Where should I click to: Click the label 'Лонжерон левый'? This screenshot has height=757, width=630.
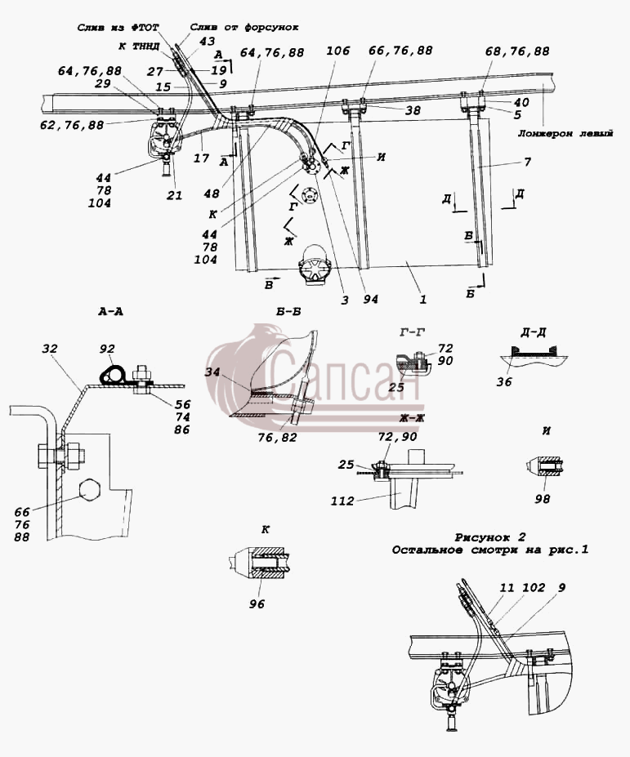[565, 133]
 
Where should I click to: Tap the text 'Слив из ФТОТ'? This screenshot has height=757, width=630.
[118, 28]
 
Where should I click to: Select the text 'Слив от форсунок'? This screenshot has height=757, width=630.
[244, 28]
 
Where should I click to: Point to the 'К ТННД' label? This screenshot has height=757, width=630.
[140, 47]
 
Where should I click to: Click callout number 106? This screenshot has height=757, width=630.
[337, 51]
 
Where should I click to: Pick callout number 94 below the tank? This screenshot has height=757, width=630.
[370, 300]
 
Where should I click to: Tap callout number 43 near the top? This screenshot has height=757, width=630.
[207, 42]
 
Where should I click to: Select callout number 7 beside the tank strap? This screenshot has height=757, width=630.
[528, 162]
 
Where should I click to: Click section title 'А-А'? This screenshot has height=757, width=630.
[110, 312]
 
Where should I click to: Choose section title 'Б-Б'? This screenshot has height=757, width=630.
[289, 312]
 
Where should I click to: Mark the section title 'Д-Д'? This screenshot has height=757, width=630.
[534, 332]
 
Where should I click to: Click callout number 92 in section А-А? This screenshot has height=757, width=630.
[108, 349]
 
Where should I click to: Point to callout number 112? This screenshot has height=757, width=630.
[342, 501]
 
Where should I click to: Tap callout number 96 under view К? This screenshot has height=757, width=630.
[257, 604]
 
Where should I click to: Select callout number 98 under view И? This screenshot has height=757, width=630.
[543, 499]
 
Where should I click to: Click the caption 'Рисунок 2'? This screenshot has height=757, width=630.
[490, 537]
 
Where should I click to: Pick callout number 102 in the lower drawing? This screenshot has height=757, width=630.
[534, 587]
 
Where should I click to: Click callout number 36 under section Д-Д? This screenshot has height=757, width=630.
[504, 382]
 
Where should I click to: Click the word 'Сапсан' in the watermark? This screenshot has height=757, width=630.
[344, 376]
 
